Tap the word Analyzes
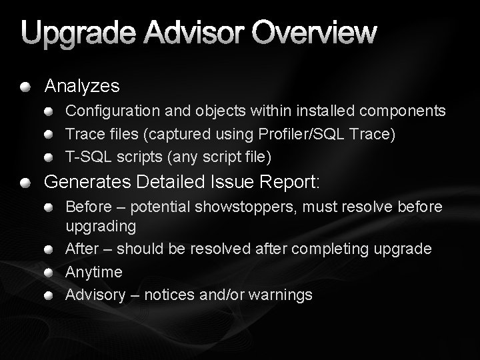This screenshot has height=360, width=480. click(x=82, y=86)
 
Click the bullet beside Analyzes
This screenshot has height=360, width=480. click(x=25, y=86)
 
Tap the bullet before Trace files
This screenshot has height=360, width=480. click(x=51, y=134)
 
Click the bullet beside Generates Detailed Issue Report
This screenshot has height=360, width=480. click(x=25, y=182)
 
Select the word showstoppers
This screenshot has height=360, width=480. click(x=254, y=207)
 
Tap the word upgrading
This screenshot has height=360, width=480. click(x=101, y=227)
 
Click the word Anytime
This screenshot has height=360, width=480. click(x=94, y=272)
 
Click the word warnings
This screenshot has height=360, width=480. click(x=281, y=295)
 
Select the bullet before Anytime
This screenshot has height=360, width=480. click(x=51, y=272)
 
